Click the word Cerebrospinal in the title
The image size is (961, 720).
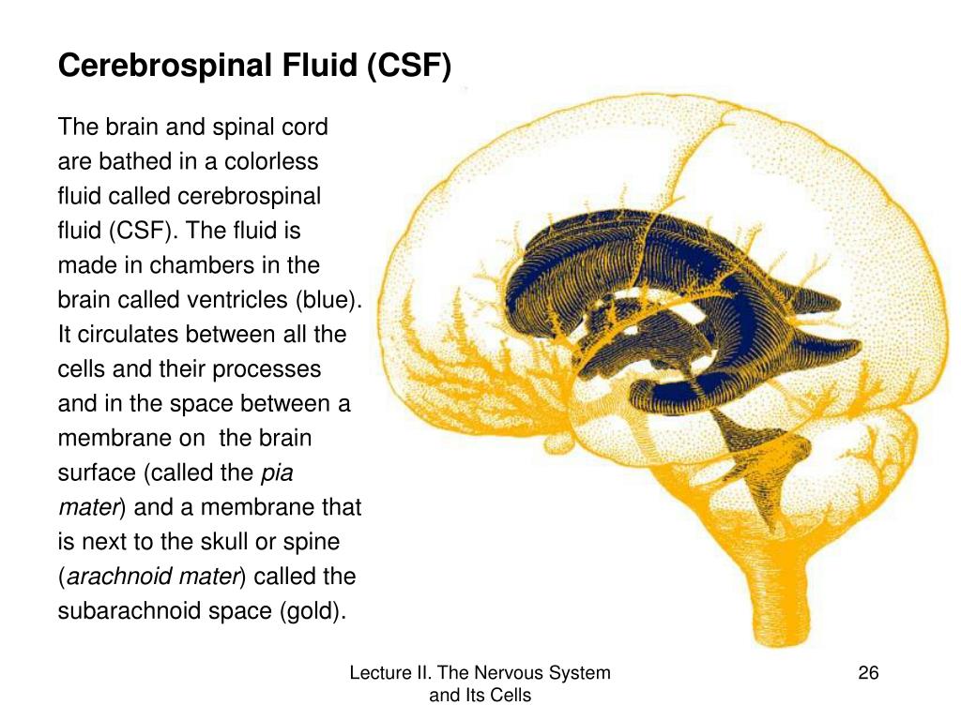point(160,67)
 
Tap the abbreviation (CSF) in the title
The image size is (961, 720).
point(410,67)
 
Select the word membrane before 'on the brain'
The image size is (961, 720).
point(103,439)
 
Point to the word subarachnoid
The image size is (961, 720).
point(126,612)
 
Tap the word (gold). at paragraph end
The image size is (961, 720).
point(313,612)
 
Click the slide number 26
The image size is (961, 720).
point(868,673)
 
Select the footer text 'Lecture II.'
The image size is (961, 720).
point(386,673)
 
